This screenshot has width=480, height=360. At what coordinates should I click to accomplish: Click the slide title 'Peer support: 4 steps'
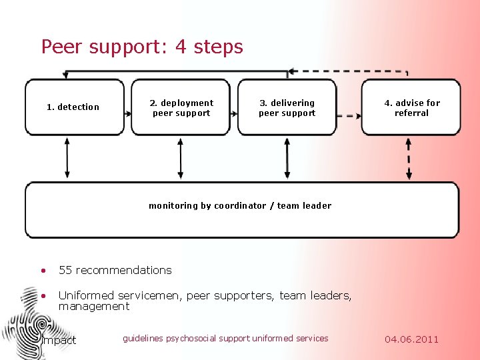142,47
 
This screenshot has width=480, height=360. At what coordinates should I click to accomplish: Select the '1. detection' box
74,107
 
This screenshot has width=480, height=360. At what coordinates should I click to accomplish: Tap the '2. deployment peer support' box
181,108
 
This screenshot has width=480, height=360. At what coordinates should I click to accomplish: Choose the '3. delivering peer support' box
287,108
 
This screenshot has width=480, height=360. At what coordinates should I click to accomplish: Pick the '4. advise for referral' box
411,108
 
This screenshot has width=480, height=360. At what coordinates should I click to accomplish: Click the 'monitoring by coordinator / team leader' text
240,206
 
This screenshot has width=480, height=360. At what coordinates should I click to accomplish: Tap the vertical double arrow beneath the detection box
67,159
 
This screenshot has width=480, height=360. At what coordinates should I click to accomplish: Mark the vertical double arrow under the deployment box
181,159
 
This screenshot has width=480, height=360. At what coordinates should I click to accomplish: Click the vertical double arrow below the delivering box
287,159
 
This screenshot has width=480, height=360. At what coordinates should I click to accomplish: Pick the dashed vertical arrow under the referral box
409,159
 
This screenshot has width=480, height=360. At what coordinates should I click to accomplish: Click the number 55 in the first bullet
65,270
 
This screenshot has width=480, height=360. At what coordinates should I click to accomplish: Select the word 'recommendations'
124,270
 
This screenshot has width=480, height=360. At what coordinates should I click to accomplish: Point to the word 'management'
94,307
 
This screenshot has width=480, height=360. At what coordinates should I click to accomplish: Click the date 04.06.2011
412,339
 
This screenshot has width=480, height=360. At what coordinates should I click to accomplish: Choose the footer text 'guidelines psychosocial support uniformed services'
225,339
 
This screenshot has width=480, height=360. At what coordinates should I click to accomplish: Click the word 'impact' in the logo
59,341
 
